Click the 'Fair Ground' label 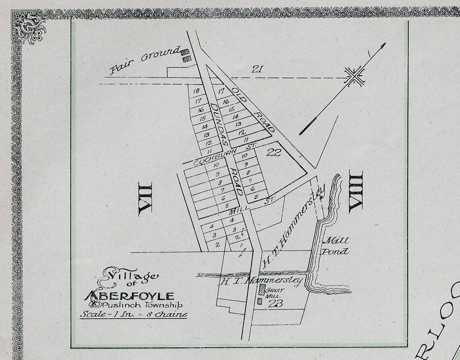144,60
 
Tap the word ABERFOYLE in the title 129,295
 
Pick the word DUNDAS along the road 220,124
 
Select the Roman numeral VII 145,198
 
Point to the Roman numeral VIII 355,191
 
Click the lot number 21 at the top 257,69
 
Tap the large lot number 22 274,152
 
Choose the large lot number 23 274,305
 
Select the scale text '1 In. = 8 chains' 133,314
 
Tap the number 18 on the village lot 197,91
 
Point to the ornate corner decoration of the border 28,27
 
